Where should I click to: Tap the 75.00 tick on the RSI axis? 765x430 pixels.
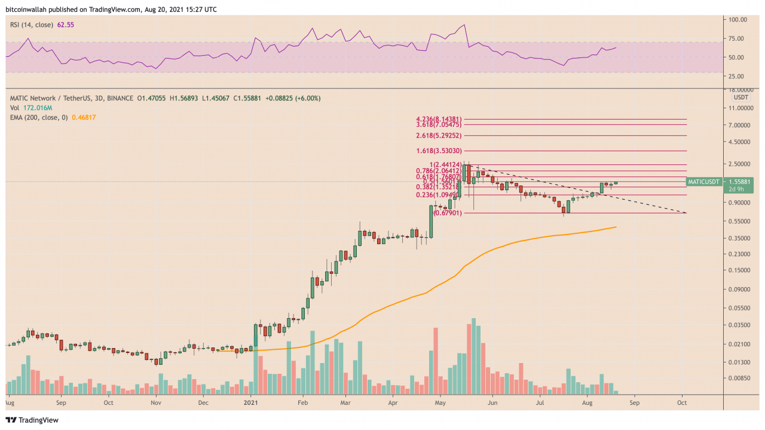point(739,39)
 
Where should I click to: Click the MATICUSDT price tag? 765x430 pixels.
point(703,181)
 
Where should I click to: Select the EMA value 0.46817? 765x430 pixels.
point(83,118)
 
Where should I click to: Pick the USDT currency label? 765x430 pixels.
point(740,97)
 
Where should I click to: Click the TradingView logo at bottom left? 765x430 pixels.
point(33,420)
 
